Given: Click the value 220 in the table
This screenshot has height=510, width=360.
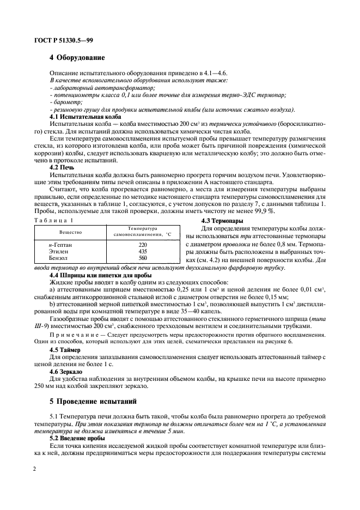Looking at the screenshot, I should coord(143,245).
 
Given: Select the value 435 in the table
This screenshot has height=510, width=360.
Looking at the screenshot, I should coord(143,252).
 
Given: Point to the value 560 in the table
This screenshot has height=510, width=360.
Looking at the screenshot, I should coord(143,258).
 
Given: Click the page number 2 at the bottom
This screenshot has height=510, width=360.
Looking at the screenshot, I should coord(34,469).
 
